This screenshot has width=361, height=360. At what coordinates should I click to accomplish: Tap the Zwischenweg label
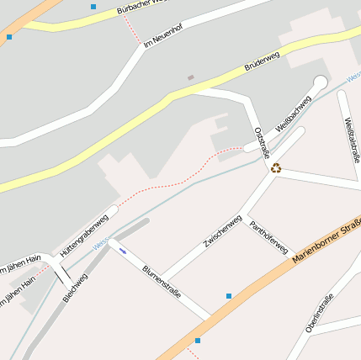pos(222,230)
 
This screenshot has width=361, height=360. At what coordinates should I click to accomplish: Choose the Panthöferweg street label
pos(269,237)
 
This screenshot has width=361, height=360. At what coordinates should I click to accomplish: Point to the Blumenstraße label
pos(162,282)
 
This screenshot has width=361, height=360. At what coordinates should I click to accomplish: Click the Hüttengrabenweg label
pos(84,236)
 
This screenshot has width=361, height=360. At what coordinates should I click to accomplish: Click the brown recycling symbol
pos(275,167)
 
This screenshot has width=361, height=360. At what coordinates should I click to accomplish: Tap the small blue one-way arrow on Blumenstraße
pos(123,251)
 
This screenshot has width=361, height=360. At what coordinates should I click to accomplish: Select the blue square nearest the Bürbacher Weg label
pos(93,7)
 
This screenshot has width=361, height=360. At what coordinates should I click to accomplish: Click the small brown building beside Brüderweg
pos(191,78)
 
